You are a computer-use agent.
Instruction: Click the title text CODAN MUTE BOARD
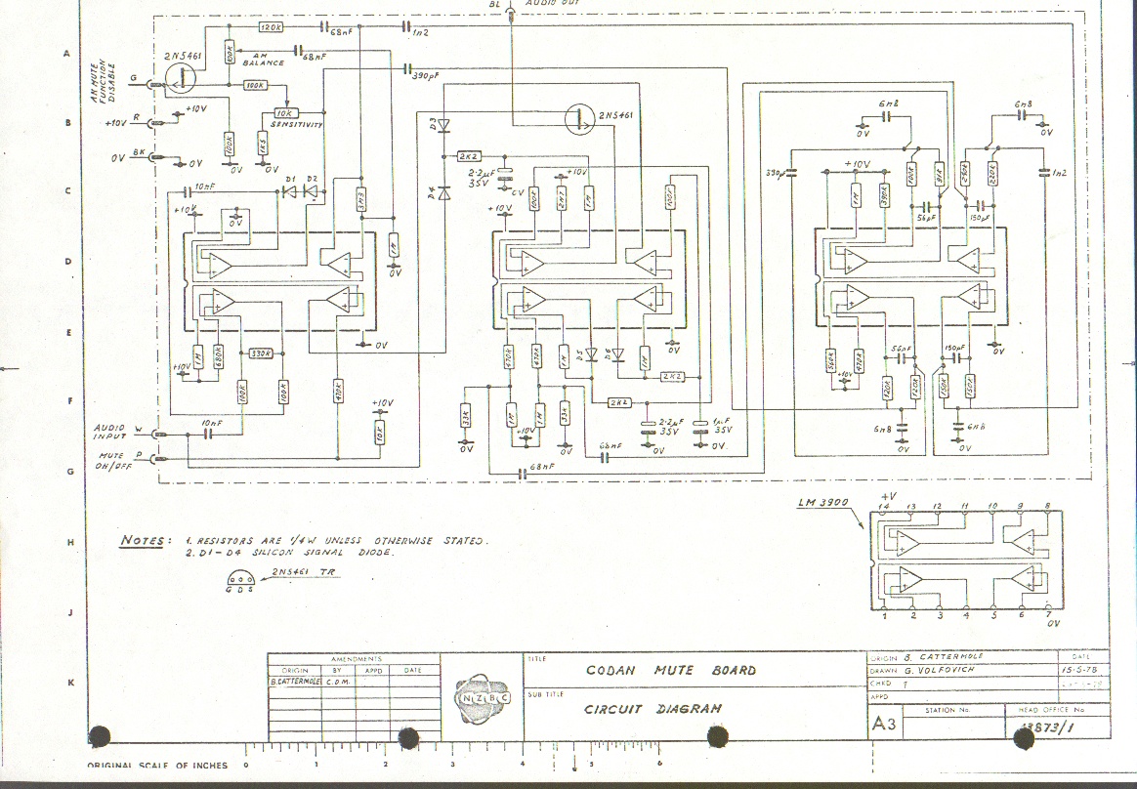pos(670,671)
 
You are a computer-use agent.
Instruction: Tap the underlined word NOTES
pos(140,540)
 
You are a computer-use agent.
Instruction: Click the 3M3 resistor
pos(360,198)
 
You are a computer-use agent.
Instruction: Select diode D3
pos(443,124)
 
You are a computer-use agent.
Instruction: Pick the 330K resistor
pos(260,353)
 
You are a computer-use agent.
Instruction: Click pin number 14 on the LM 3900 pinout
pos(884,506)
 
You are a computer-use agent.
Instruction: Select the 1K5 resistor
pos(262,145)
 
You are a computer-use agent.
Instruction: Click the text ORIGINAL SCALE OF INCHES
pos(157,766)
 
